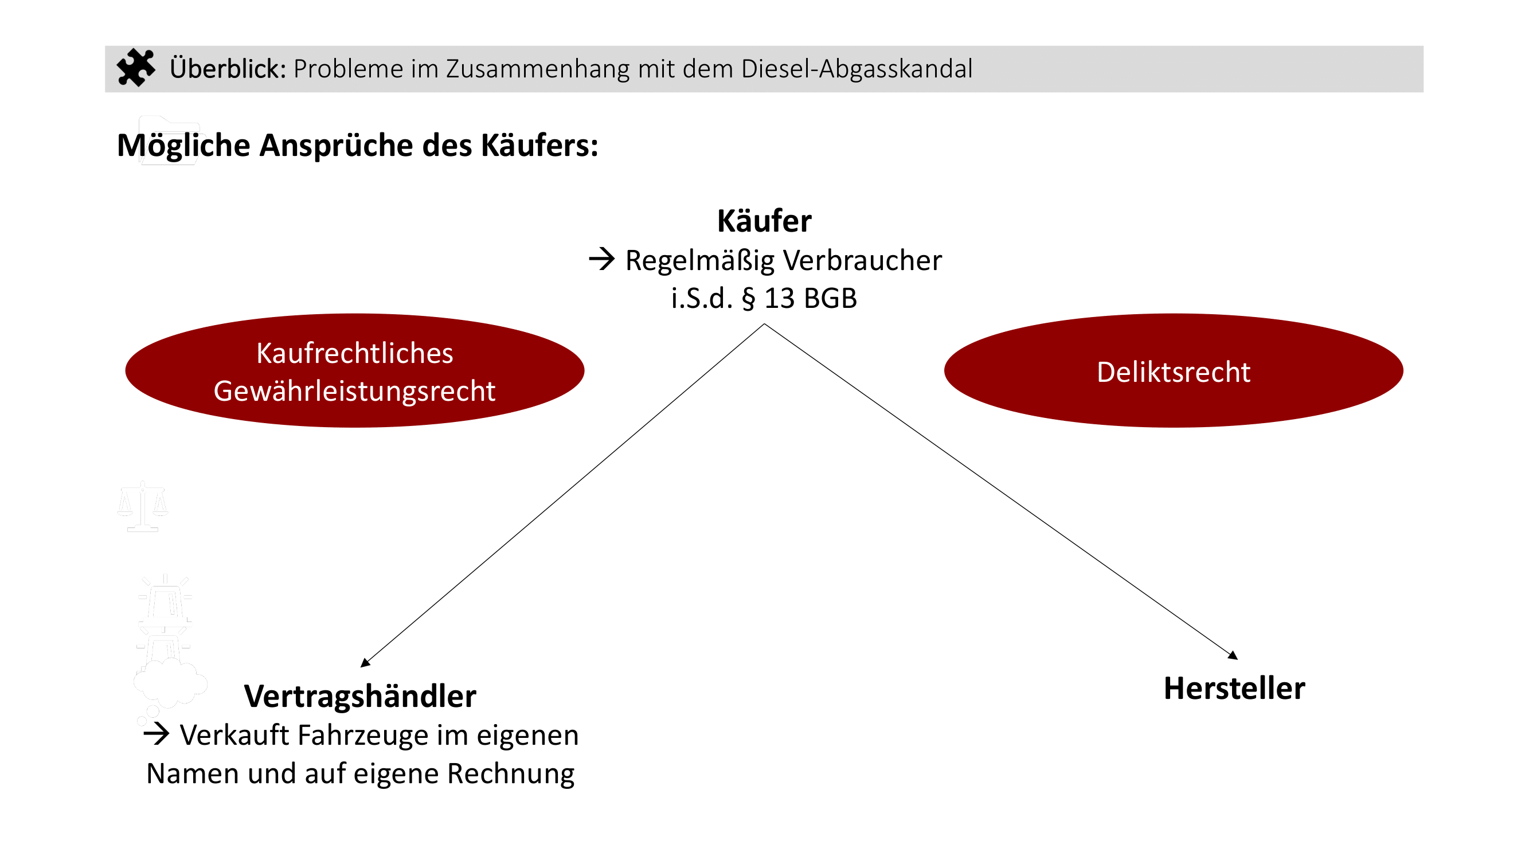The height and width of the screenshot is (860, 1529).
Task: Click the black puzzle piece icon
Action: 135,68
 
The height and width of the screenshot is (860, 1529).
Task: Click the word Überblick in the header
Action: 228,69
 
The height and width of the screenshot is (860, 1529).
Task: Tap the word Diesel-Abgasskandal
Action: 857,69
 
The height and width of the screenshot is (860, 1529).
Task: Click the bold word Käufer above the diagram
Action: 764,221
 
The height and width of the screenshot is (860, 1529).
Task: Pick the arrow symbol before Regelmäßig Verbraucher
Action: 601,259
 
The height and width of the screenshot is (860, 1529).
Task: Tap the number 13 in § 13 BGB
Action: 779,299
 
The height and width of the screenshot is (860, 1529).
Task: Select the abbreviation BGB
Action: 830,299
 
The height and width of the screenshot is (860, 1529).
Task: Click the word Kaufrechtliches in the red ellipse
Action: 354,354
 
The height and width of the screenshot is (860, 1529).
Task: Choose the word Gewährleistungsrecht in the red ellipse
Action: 354,391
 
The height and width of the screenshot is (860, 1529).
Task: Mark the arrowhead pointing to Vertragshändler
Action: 365,663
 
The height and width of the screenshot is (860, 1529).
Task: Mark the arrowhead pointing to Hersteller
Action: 1233,655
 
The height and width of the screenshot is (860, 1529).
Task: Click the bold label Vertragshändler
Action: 359,696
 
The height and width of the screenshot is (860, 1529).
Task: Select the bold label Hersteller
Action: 1234,689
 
